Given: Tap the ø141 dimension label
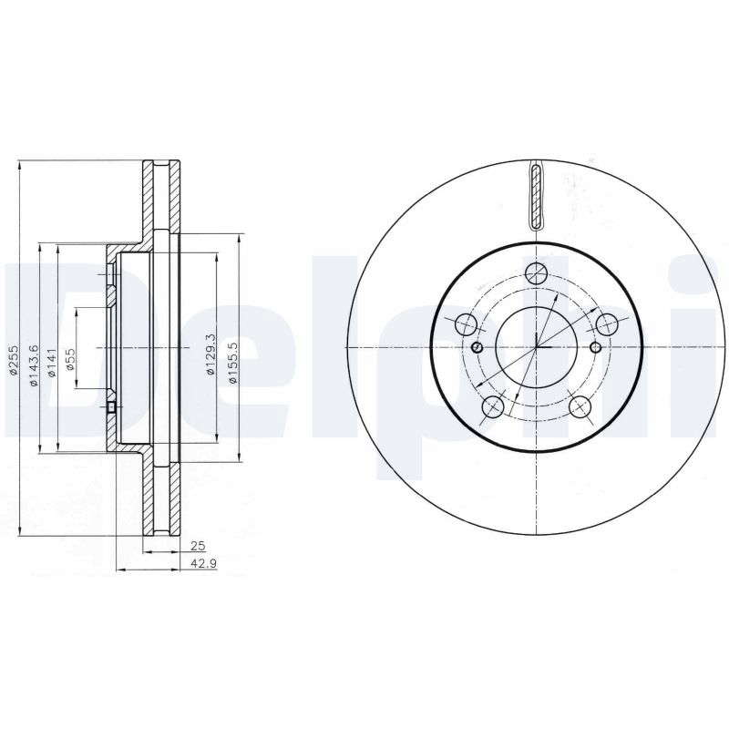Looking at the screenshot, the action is [52, 363].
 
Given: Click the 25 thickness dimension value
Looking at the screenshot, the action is [198, 546].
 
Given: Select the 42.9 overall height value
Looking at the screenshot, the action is [203, 563].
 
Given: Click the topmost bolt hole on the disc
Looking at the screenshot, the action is [536, 272].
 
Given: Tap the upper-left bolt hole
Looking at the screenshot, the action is [466, 324].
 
